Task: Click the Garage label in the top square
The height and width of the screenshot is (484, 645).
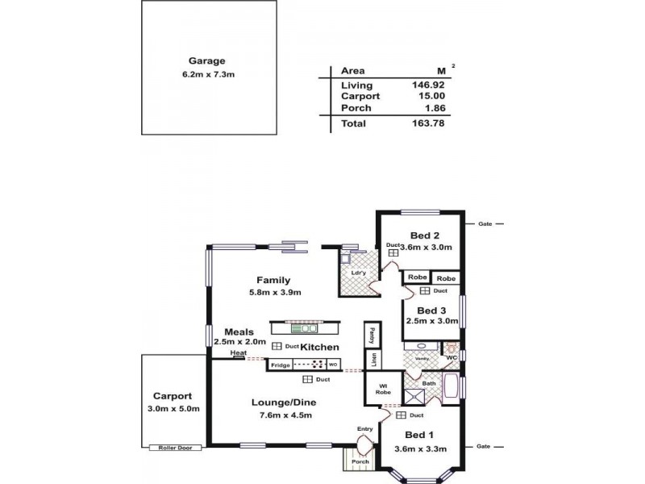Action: (x=206, y=60)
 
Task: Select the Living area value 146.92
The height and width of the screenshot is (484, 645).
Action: (x=428, y=85)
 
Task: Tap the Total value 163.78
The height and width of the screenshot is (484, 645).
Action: (x=428, y=123)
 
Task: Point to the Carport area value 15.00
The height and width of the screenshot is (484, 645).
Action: (x=431, y=96)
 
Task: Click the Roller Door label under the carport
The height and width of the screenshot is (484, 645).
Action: (x=174, y=448)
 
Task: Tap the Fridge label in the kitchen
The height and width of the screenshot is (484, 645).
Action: (x=281, y=365)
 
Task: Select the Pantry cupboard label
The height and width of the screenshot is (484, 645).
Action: (x=372, y=333)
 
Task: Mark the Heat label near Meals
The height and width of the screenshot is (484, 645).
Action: (x=237, y=353)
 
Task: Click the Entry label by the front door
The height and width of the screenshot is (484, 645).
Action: (x=364, y=428)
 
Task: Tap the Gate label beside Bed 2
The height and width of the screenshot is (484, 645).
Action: (x=485, y=224)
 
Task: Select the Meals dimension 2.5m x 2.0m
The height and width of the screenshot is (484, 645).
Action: (x=239, y=341)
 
